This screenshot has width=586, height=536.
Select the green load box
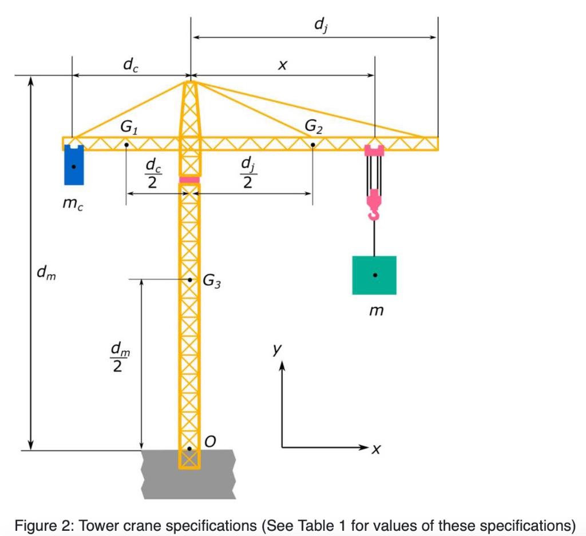click(x=374, y=275)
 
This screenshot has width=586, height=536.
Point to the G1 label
click(x=129, y=128)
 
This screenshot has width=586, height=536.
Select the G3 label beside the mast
click(x=211, y=281)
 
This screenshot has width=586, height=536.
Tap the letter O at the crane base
click(x=210, y=442)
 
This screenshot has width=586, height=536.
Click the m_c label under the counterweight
click(x=73, y=204)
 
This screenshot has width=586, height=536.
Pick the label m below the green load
click(x=375, y=312)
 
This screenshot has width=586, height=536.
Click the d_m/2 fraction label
click(x=117, y=357)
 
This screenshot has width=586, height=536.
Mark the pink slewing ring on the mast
click(x=189, y=180)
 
